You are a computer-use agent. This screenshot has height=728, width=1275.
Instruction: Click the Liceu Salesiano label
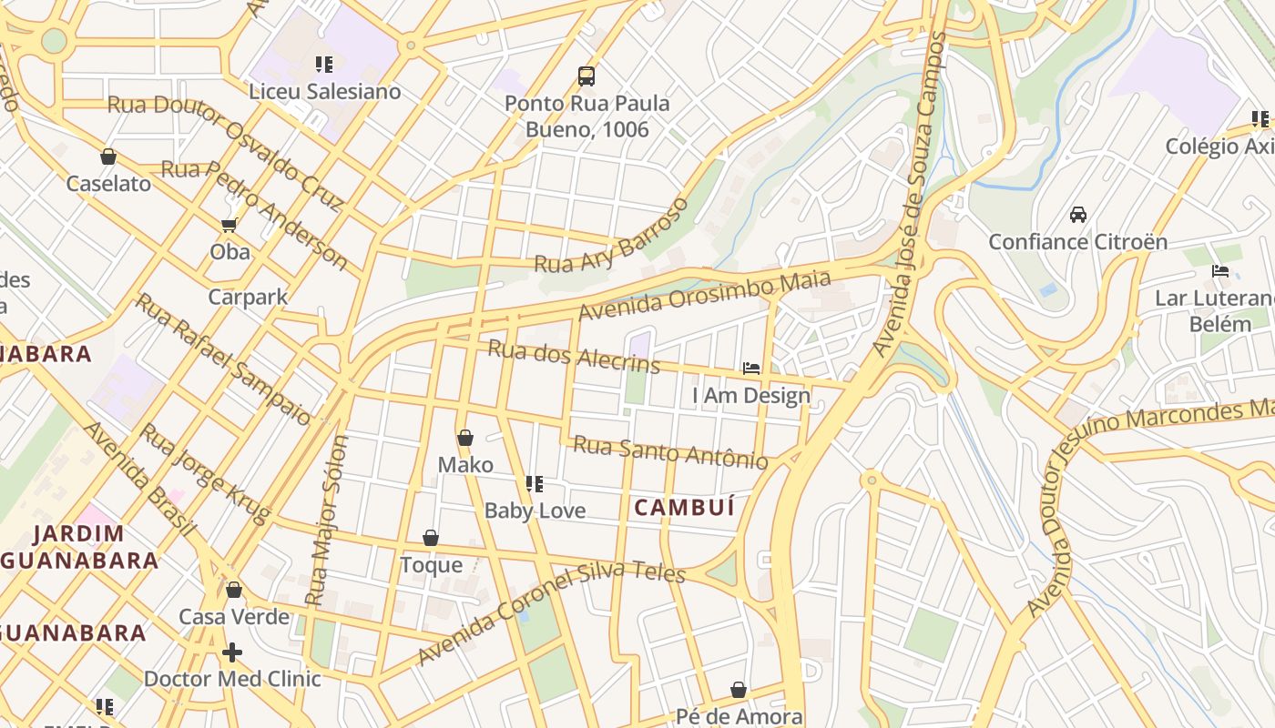[324, 92]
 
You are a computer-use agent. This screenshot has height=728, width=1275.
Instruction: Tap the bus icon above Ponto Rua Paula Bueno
[586, 76]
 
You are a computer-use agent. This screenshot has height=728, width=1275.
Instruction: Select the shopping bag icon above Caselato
[108, 157]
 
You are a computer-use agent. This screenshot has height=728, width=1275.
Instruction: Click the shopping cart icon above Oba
[229, 225]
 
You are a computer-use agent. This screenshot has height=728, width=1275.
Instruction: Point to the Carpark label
[248, 297]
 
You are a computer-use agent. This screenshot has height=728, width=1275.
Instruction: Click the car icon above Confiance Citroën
[1078, 215]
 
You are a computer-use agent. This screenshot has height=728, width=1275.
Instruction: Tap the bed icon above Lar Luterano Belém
[1220, 271]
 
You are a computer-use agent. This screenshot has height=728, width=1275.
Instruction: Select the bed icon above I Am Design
[751, 369]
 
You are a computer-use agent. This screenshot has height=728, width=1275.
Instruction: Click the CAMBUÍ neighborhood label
[684, 508]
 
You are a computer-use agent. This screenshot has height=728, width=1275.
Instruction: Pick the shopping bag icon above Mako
[465, 438]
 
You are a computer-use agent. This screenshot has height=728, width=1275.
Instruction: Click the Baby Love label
[535, 511]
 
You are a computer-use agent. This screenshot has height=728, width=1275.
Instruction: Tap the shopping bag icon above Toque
[431, 539]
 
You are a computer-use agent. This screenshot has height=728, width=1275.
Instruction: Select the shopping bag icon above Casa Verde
[234, 590]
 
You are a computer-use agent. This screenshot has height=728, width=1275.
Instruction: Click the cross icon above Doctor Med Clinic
[232, 652]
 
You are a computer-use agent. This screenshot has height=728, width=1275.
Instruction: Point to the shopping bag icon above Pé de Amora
[739, 690]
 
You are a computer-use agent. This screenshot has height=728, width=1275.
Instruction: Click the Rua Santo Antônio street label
[670, 452]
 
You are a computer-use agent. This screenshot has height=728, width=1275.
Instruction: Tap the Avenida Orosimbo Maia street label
[704, 295]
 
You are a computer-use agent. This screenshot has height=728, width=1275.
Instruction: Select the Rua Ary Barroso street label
[612, 237]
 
